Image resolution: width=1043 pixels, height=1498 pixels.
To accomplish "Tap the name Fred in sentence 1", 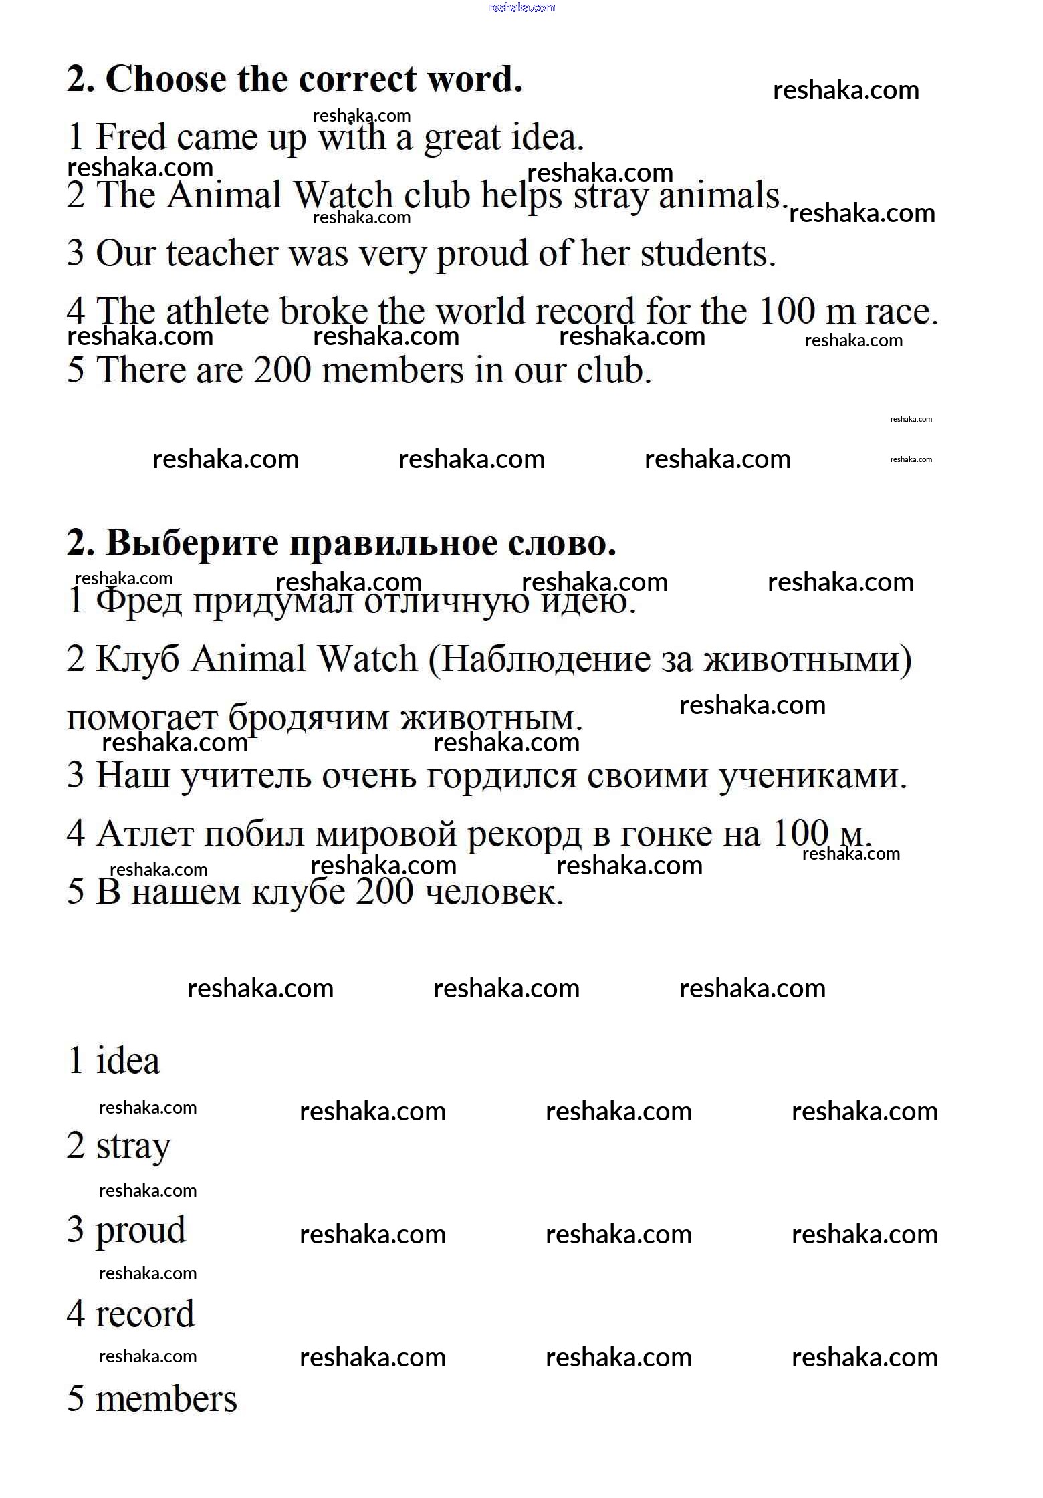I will [131, 138].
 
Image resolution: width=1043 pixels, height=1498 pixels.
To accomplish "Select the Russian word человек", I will [494, 892].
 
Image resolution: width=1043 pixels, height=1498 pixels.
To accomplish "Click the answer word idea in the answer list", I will [128, 1062].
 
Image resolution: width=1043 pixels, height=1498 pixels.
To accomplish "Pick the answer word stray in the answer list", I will [133, 1147].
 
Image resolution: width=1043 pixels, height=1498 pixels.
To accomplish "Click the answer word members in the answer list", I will [166, 1399].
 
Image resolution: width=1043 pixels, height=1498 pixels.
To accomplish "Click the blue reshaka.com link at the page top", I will [521, 7].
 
